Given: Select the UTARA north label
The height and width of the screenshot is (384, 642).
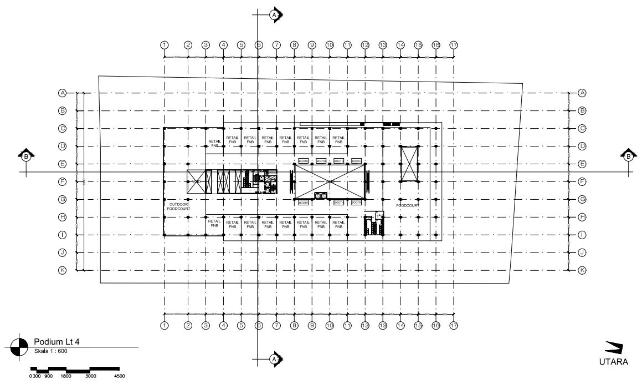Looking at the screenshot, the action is [613, 362].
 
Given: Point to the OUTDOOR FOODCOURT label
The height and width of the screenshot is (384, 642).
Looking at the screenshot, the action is [178, 206].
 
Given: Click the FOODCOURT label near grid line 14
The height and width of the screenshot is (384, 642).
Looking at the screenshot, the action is [407, 205].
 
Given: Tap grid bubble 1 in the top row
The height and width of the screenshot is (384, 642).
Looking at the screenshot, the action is [164, 44].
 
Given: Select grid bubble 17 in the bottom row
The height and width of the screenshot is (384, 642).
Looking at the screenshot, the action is [454, 325].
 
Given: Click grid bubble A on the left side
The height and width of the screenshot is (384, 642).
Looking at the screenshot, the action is [63, 93].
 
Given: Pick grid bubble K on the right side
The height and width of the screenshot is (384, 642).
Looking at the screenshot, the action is [582, 270].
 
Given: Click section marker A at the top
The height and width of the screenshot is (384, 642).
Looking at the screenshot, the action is [274, 14].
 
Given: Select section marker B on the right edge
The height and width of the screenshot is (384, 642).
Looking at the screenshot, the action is [628, 156].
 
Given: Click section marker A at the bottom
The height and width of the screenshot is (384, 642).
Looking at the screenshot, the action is [274, 360].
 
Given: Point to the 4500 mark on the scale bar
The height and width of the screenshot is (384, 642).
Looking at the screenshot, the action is [119, 376].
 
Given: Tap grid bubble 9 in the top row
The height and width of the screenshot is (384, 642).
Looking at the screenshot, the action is [312, 44].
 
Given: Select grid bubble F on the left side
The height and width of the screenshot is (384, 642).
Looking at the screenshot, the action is [63, 181].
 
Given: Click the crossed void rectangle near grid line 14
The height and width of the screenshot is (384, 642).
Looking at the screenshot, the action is [409, 163].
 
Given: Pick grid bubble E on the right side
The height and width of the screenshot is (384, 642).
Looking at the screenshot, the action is [582, 164].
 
